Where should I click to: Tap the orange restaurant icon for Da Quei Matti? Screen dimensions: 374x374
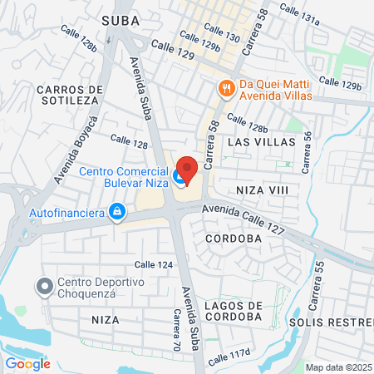(224, 86)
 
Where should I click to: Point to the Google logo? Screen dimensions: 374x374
(28, 363)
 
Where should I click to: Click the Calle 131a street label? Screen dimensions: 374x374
(299, 12)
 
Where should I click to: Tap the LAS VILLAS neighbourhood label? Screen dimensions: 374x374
(261, 142)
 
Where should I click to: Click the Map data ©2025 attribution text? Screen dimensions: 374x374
(337, 367)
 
